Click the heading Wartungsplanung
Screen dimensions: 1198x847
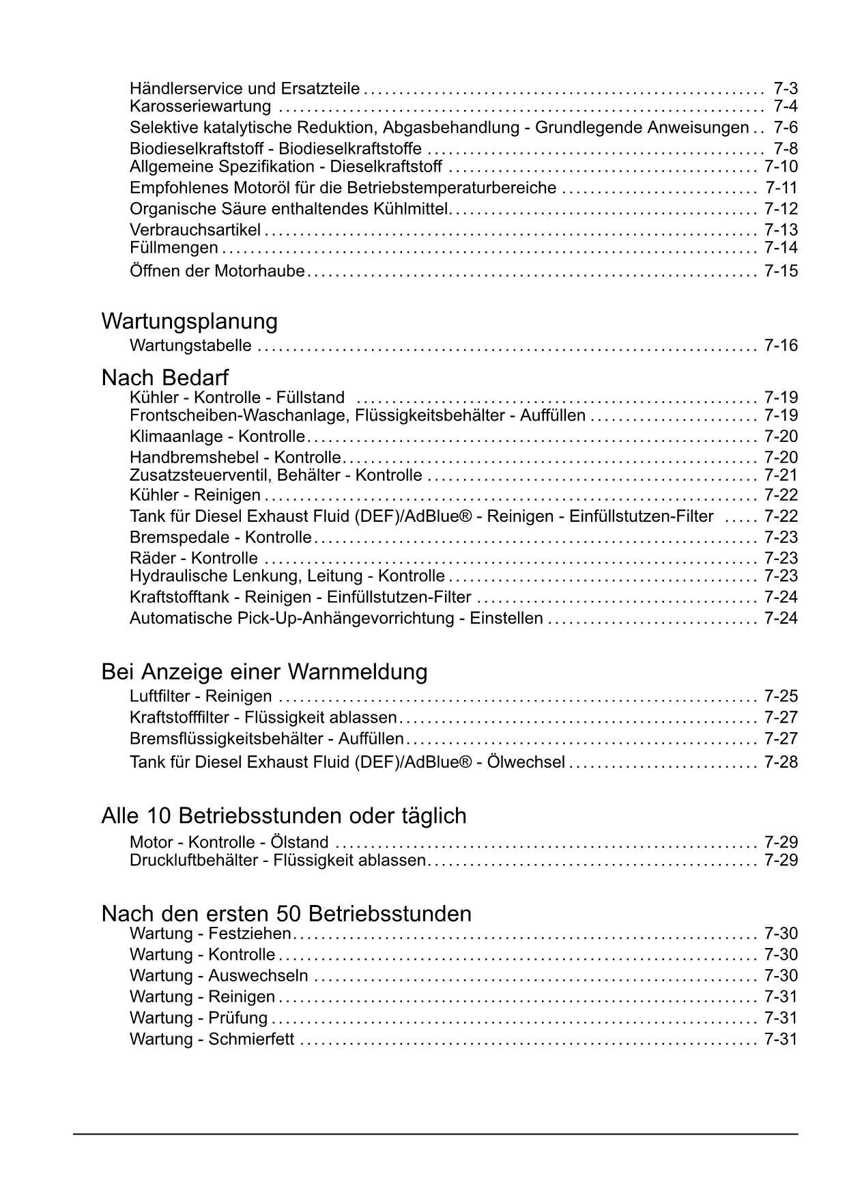[189, 321]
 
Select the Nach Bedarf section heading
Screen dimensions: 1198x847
[164, 377]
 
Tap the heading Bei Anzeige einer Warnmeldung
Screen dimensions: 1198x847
[264, 672]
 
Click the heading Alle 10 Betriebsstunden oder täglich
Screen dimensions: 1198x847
[283, 816]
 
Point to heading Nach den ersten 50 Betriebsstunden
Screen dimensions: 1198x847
[286, 913]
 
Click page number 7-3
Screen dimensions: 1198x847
[786, 88]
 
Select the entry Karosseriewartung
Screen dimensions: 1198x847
[200, 107]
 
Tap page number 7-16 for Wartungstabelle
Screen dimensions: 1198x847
[781, 346]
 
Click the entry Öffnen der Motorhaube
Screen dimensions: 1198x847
[217, 271]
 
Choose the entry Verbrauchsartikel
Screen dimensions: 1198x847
[195, 230]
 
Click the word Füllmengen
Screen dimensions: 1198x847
[174, 248]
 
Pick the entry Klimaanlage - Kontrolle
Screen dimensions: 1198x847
[217, 436]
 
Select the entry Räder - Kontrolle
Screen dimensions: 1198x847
[194, 559]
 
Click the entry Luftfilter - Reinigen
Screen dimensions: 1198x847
[201, 697]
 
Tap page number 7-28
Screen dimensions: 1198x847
[781, 762]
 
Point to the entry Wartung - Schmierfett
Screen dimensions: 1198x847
[212, 1040]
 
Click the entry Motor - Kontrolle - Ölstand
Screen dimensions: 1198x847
[229, 842]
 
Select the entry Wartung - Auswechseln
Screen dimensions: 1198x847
[218, 975]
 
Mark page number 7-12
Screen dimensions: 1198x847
[781, 209]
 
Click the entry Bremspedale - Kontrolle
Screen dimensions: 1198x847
[220, 538]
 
